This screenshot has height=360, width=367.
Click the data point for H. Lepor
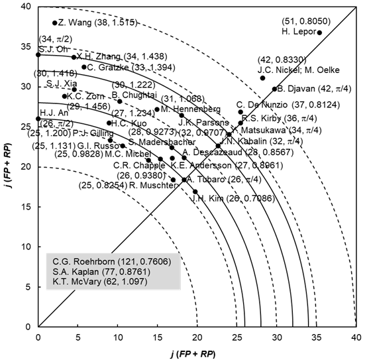tap(319, 32)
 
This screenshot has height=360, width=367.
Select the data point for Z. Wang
tap(54, 23)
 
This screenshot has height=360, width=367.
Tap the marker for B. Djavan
tap(274, 89)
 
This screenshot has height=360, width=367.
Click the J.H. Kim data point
tap(195, 192)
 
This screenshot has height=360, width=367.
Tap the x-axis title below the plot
tap(197, 351)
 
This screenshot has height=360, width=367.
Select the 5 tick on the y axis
tap(30, 286)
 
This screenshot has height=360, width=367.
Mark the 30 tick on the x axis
tap(277, 336)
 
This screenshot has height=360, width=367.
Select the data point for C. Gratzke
tap(83, 67)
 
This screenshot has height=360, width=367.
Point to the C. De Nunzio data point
tap(240, 112)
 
